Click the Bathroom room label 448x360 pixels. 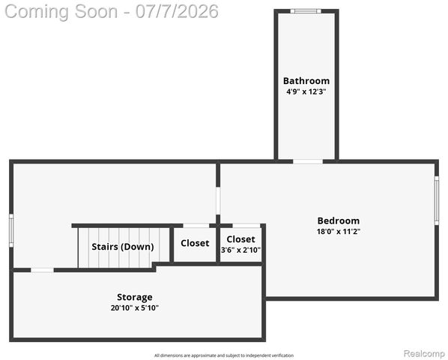[x=306, y=81]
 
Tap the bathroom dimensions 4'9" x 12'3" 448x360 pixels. [x=306, y=91]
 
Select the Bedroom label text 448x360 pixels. [x=339, y=220]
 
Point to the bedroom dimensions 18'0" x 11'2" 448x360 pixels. [x=339, y=231]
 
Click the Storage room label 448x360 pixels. [x=135, y=298]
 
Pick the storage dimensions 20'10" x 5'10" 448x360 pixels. [x=135, y=308]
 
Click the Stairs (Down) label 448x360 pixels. [x=123, y=247]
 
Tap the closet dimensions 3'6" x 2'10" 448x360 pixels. [x=241, y=250]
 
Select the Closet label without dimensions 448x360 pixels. [x=195, y=243]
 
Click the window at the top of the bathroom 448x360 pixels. [x=306, y=11]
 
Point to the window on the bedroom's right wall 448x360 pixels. [x=437, y=200]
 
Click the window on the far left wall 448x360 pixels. [x=11, y=230]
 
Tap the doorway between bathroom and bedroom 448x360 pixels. [x=308, y=161]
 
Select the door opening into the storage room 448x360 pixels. [x=42, y=270]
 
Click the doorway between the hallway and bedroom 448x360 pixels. [x=218, y=201]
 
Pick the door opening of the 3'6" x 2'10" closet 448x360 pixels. [x=246, y=226]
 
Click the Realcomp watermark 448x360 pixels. [x=424, y=354]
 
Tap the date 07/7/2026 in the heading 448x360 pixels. [x=177, y=12]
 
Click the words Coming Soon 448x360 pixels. [x=61, y=12]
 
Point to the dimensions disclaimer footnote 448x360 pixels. [x=224, y=355]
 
